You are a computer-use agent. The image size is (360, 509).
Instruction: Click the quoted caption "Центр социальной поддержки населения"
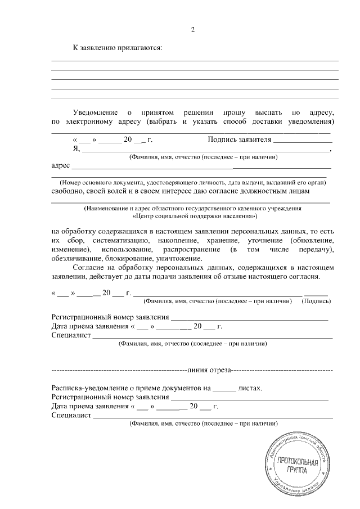[195, 216]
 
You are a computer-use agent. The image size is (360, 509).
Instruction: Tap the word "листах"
[250, 388]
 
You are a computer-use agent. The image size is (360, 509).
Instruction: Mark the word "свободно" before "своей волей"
[67, 191]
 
